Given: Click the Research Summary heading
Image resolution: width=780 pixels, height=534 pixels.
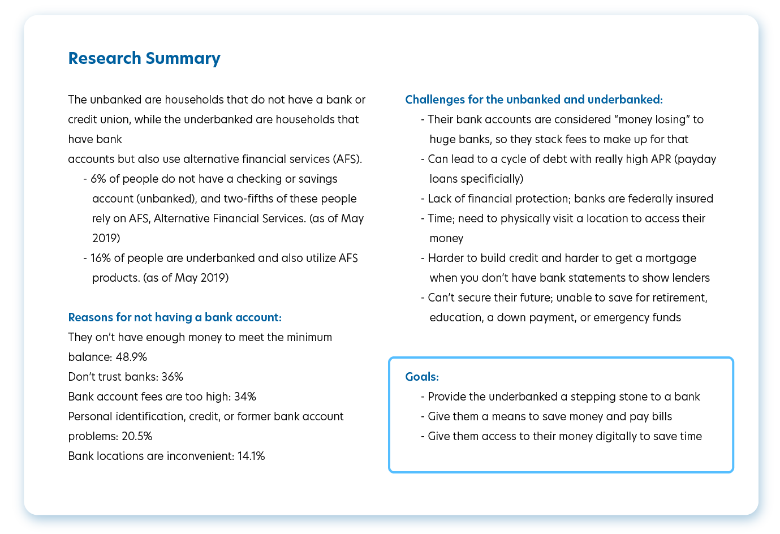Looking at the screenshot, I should (144, 58).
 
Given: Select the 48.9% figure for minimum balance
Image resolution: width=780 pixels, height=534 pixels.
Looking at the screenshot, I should (131, 357).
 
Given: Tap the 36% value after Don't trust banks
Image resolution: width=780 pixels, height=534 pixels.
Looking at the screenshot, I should (173, 377).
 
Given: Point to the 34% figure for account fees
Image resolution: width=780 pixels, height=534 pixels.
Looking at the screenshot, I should (245, 397).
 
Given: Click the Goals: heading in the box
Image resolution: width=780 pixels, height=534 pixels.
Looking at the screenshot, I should (422, 377).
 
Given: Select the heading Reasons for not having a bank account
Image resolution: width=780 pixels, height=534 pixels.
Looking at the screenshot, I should (175, 317).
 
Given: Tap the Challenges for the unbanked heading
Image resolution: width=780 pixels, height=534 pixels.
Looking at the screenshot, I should (533, 100).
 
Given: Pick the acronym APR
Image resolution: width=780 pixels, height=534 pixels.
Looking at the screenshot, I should (661, 159).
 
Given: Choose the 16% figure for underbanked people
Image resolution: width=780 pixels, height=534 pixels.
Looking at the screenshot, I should (100, 258).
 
